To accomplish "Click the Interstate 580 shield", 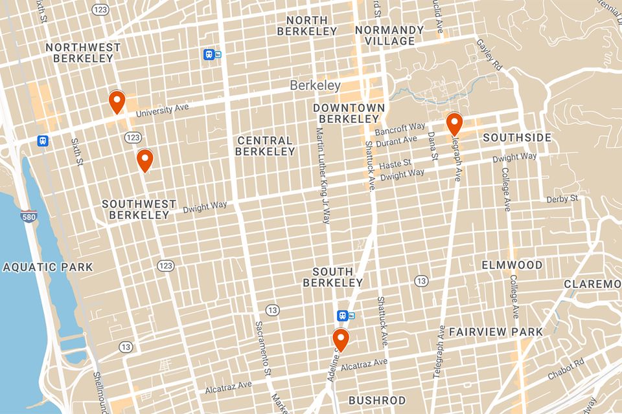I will click(28, 216).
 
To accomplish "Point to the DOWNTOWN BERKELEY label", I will click(349, 113).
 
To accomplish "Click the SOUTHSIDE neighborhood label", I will click(517, 138).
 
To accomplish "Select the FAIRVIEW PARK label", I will click(496, 332).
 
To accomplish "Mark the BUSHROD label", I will click(377, 400).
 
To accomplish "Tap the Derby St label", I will click(562, 199).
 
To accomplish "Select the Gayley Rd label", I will click(490, 56).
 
